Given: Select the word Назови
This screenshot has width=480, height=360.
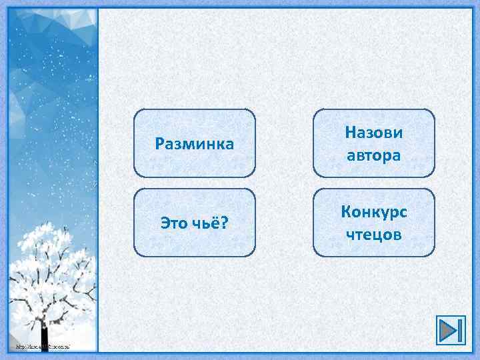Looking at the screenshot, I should [373, 132].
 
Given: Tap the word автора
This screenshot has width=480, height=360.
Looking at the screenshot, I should [373, 155].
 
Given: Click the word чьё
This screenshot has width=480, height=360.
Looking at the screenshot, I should [208, 222].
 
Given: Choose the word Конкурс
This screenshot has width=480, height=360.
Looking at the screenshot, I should [373, 211].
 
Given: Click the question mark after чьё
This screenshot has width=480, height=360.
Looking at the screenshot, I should [224, 222].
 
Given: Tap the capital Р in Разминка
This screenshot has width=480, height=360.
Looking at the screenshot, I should [159, 143].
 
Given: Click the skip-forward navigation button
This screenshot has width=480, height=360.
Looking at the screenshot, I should [450, 330].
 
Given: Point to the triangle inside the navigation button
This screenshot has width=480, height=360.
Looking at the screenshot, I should [446, 330].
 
